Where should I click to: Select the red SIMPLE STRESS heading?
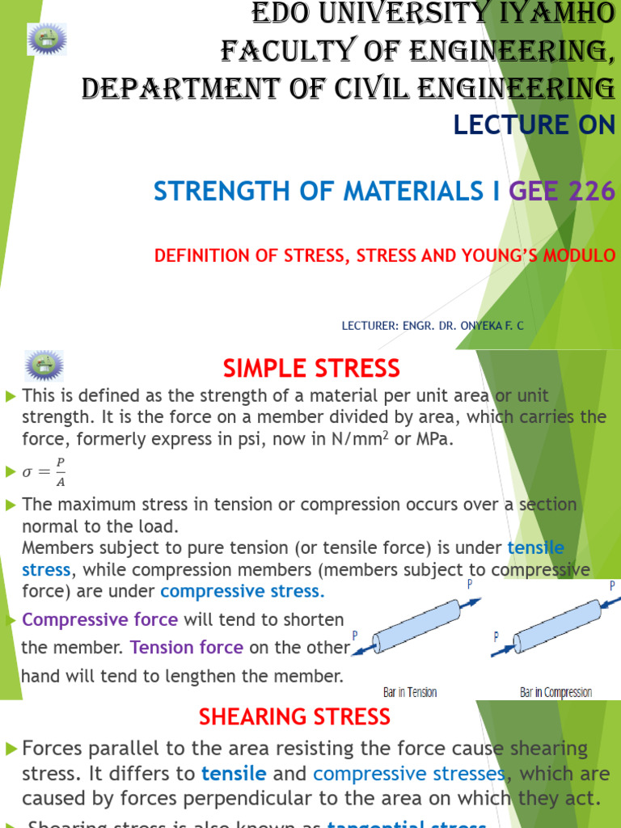[x=310, y=369]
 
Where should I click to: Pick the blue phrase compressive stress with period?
[x=243, y=591]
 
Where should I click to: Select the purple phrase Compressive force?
[x=99, y=620]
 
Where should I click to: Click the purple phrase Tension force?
[x=187, y=648]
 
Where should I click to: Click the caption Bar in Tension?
[x=409, y=692]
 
